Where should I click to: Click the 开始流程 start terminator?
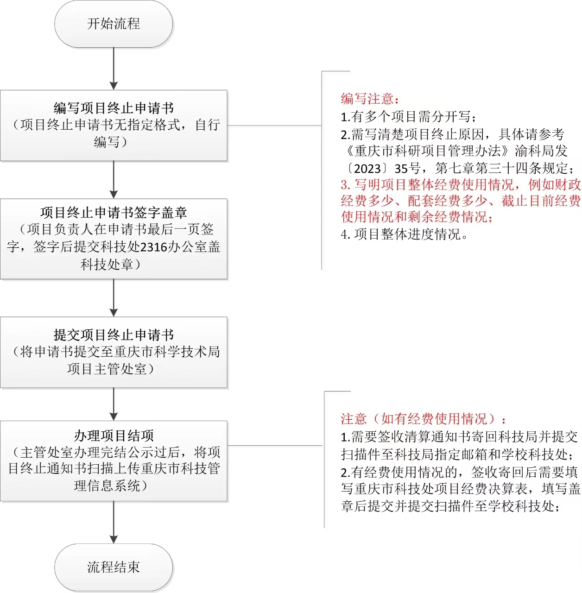(114, 24)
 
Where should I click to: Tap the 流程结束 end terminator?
(114, 567)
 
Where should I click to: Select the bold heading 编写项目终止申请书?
(114, 108)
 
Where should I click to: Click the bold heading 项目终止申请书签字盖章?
(114, 212)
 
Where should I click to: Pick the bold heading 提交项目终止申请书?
(114, 335)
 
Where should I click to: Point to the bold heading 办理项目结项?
(114, 436)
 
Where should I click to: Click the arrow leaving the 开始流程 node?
(114, 69)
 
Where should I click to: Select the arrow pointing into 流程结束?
(114, 522)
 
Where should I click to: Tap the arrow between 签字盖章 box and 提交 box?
(114, 298)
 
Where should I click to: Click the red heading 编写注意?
(370, 99)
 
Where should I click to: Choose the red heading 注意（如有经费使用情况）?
(423, 419)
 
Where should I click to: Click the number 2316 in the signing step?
(153, 247)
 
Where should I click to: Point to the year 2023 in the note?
(367, 169)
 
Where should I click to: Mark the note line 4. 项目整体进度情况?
(405, 234)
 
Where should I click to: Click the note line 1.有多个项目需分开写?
(408, 117)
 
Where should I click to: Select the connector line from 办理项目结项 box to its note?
(275, 445)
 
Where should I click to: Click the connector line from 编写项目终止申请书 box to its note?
(274, 126)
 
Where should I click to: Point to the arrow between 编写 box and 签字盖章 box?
(114, 180)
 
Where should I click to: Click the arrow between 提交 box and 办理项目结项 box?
(114, 404)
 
